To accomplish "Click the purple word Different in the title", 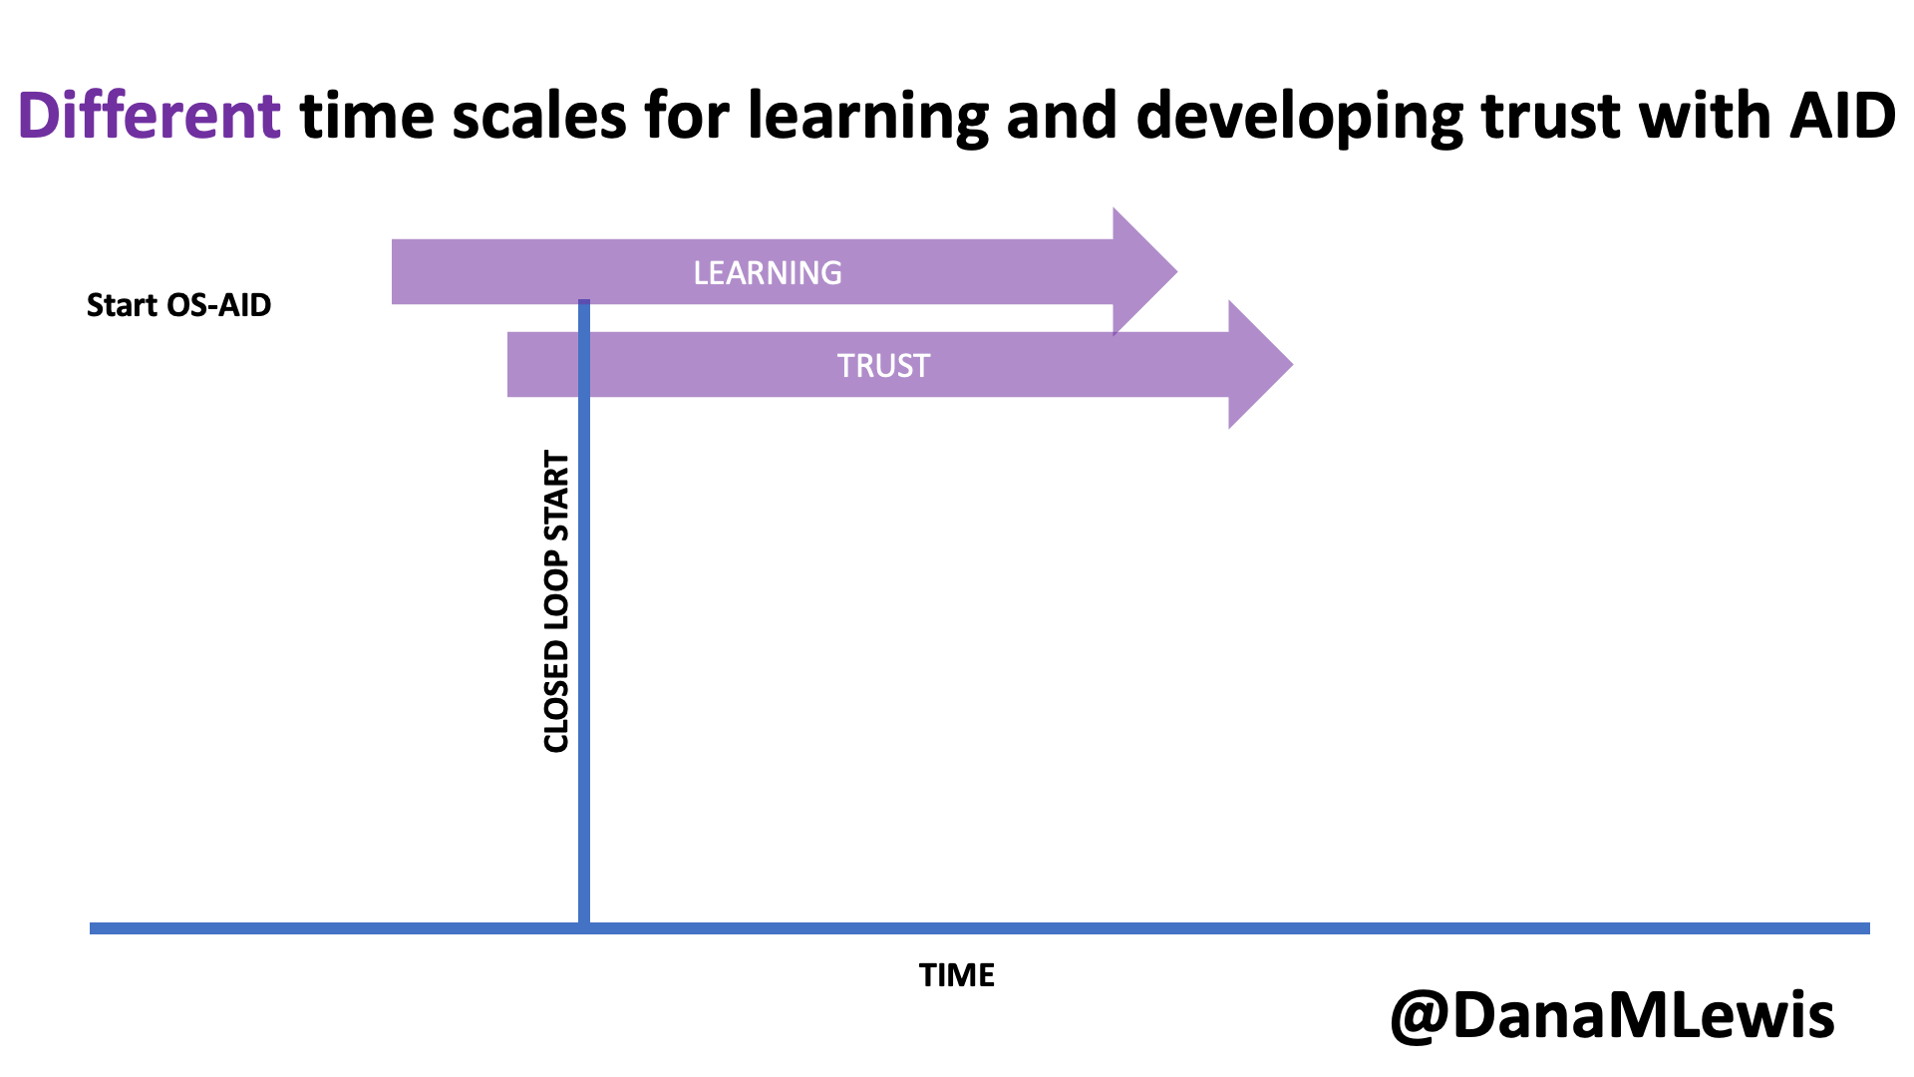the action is click(150, 116).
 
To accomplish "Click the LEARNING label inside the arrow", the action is click(768, 273).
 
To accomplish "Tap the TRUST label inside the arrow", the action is click(883, 366).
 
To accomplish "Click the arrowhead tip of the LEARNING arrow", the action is click(1177, 271).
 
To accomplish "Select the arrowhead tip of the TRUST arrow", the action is click(1293, 365).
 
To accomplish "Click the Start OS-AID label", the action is click(178, 305).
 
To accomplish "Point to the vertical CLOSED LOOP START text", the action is click(556, 601).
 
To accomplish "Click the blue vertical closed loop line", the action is click(584, 611).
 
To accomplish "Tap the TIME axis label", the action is click(957, 975).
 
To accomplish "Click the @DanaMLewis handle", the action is click(1612, 1016).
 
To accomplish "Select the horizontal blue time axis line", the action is click(980, 928).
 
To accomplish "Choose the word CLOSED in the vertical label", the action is click(556, 697).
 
